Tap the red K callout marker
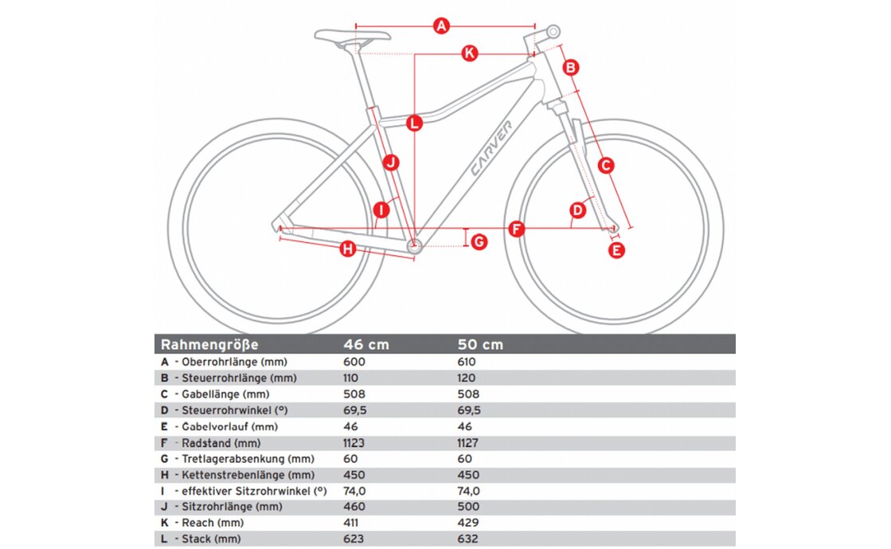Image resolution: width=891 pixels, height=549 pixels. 470,53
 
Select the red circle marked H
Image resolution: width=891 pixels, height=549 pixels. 347,249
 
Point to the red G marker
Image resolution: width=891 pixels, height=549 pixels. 479,241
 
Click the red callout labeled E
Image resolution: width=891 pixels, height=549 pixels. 616,250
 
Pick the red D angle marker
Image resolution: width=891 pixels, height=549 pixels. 578,210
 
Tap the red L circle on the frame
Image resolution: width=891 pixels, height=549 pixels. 414,124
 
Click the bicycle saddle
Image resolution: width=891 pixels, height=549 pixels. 352,36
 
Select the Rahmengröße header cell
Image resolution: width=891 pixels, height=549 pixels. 209,345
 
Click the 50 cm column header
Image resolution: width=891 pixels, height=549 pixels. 480,345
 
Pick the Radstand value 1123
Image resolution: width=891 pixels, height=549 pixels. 357,442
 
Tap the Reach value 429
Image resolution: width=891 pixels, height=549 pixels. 468,523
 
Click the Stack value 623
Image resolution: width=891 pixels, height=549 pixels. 354,539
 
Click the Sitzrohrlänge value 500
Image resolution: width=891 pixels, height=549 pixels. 468,507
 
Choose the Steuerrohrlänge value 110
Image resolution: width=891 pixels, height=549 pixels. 352,378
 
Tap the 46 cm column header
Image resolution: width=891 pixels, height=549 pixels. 366,345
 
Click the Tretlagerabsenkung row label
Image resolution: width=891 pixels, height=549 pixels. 248,458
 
